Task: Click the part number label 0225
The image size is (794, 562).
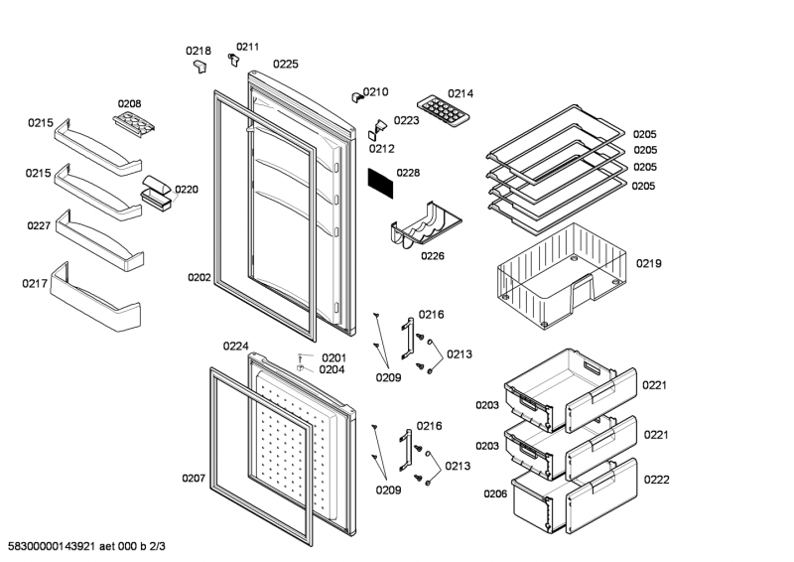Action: [286, 64]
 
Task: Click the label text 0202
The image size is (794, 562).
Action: [199, 278]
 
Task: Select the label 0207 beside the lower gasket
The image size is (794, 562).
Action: [194, 479]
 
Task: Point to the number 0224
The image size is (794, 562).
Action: [235, 347]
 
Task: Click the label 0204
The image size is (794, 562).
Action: [331, 369]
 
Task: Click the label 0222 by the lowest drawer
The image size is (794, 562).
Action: [656, 479]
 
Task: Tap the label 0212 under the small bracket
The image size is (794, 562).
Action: [382, 149]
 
